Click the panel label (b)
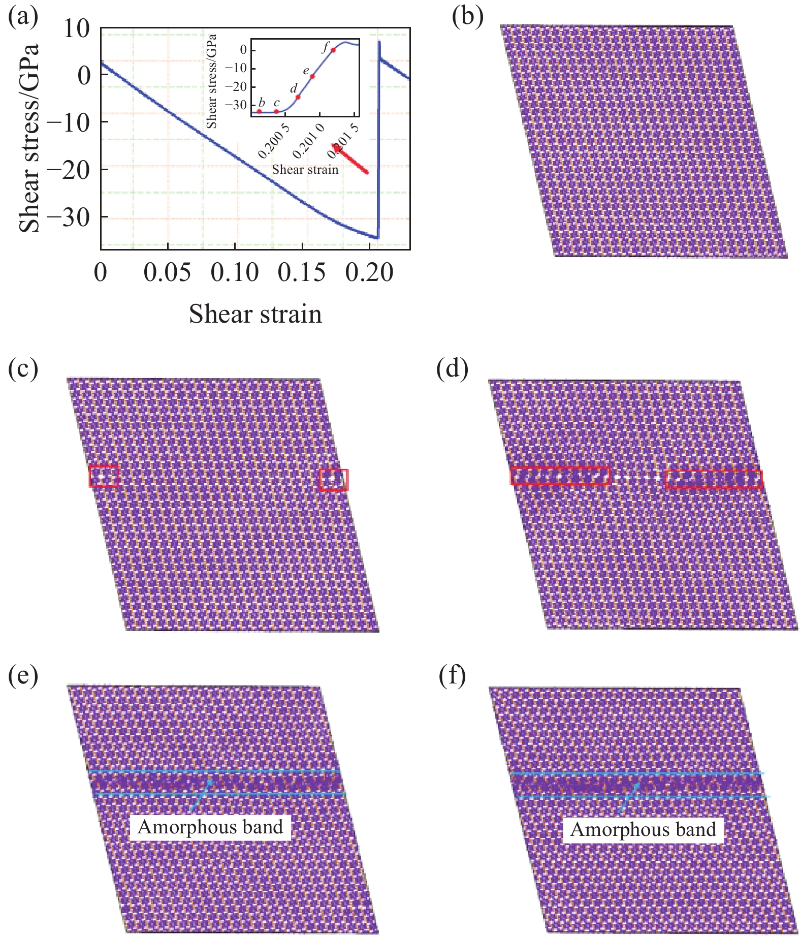(x=467, y=17)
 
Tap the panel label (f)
(x=452, y=677)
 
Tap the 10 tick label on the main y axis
(x=76, y=29)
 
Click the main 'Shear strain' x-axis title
(x=255, y=314)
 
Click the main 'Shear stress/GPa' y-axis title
(x=29, y=138)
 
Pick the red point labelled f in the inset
(x=333, y=50)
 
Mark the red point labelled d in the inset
(x=298, y=97)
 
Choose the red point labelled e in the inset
(x=312, y=77)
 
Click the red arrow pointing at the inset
(x=351, y=160)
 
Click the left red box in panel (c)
(x=104, y=477)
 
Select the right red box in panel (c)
(x=334, y=480)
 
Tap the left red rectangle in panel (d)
(x=560, y=476)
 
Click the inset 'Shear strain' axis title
(x=305, y=170)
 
